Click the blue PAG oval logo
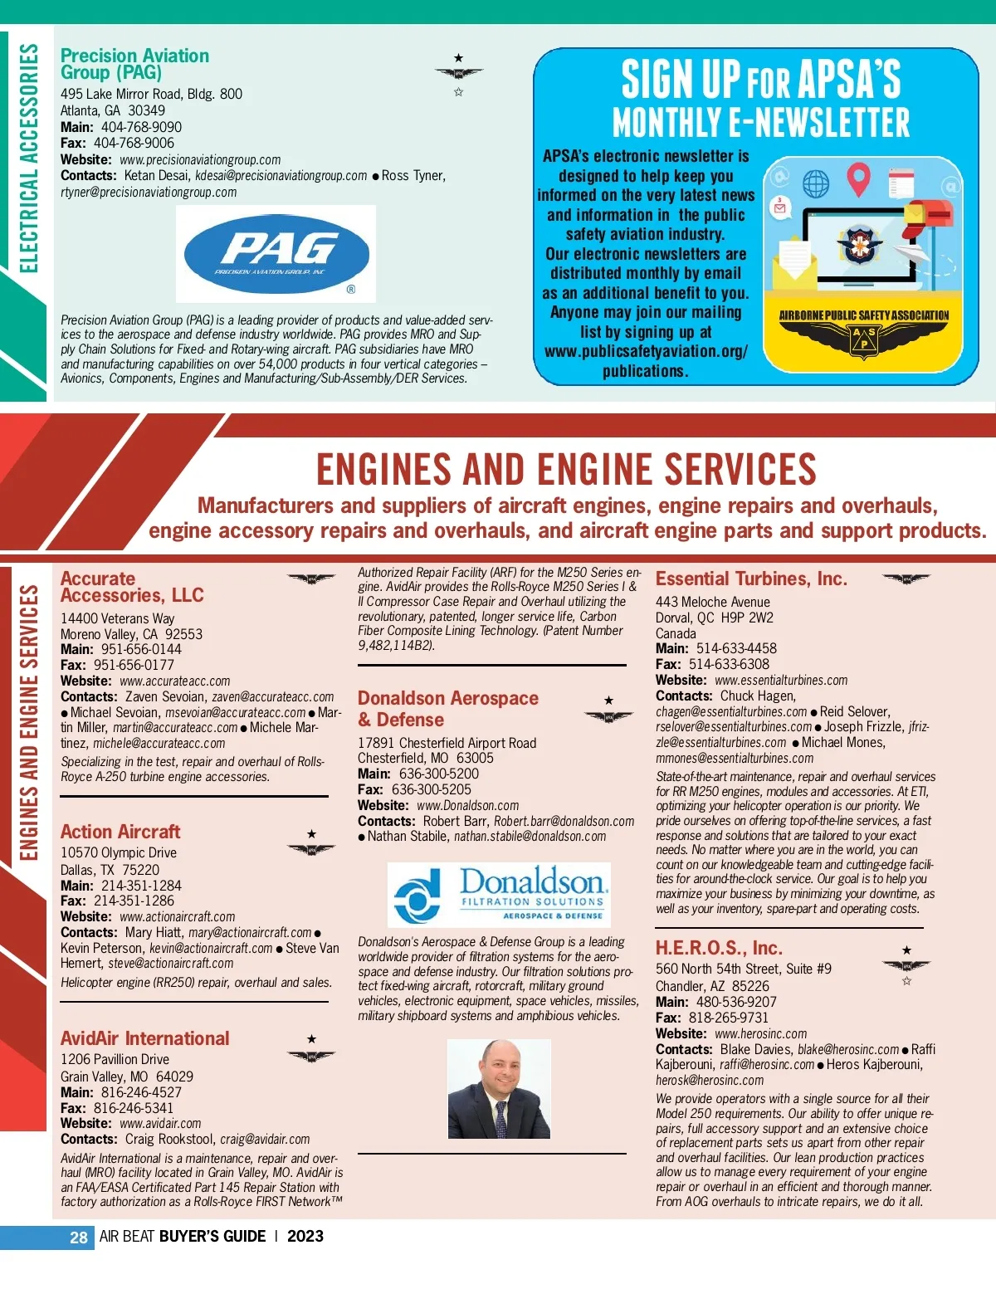point(276,254)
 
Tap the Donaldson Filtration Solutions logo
point(499,895)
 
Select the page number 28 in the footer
point(78,1237)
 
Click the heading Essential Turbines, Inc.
point(751,579)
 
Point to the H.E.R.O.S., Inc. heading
point(719,948)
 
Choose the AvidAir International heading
point(144,1038)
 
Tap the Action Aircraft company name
point(120,832)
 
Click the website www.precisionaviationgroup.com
point(200,159)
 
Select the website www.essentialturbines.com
point(781,680)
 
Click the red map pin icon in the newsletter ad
point(858,178)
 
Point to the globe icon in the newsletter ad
point(816,183)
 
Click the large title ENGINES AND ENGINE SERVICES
point(566,469)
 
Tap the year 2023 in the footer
point(305,1236)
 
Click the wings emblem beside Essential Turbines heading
point(906,579)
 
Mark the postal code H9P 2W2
point(747,618)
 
